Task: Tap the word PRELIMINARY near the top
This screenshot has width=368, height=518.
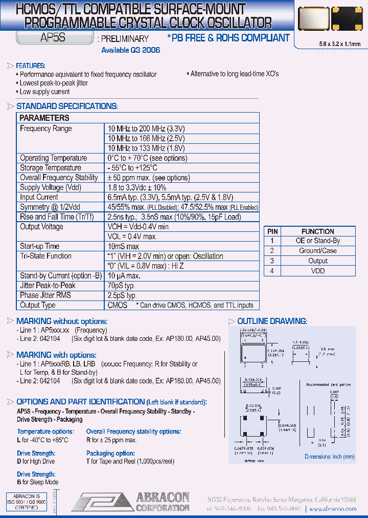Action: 125,39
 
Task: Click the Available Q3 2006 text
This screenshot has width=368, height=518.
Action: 130,50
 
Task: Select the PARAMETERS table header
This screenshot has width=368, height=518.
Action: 44,118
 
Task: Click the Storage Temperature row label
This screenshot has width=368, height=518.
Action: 50,168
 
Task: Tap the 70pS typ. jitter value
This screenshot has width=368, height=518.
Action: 121,286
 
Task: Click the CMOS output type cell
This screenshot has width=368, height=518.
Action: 118,305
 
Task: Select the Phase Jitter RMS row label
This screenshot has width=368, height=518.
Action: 45,295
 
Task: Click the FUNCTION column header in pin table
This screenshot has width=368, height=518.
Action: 317,231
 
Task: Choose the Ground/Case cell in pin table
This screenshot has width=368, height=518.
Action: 317,251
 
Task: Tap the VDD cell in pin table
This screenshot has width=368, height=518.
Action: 317,271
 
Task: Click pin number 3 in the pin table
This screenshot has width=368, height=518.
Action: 272,261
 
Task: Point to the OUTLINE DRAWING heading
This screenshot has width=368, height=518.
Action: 272,321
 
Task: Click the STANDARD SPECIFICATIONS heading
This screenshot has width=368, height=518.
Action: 66,106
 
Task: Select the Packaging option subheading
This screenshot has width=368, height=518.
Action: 110,454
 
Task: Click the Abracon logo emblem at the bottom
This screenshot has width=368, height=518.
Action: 100,502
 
